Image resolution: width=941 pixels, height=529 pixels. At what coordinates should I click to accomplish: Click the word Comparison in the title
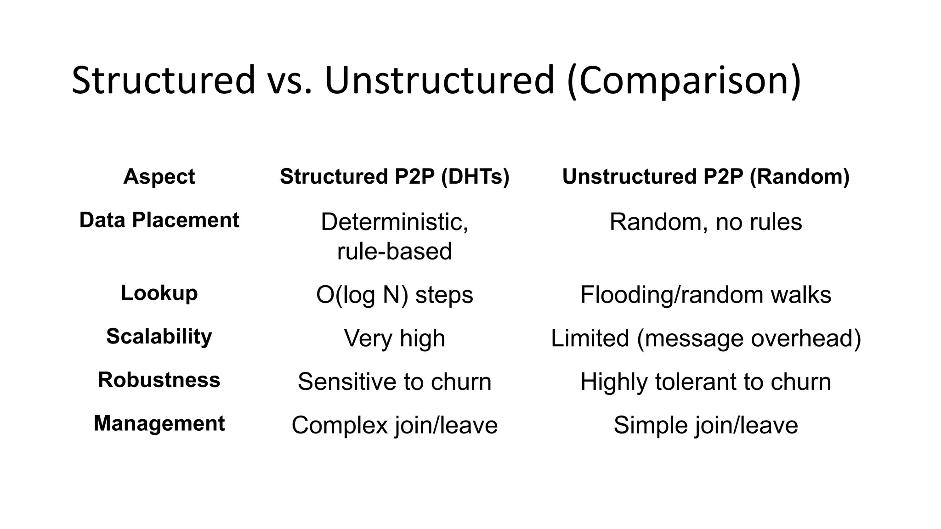[x=684, y=81]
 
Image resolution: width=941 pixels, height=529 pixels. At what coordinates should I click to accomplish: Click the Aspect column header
[x=159, y=176]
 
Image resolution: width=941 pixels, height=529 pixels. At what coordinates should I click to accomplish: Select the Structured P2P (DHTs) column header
[x=395, y=176]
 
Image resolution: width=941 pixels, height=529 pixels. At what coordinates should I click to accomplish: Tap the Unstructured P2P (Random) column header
[x=706, y=176]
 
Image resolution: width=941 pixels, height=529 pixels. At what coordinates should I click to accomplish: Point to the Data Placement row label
[x=159, y=220]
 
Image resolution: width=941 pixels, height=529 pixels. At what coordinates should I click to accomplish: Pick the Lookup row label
[x=159, y=293]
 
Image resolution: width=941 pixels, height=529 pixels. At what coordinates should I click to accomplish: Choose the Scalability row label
[x=159, y=337]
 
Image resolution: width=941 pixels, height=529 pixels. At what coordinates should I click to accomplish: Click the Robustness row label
[x=159, y=380]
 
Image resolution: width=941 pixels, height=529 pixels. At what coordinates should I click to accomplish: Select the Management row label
[x=159, y=423]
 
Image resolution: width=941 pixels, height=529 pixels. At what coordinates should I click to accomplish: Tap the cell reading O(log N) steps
[x=395, y=295]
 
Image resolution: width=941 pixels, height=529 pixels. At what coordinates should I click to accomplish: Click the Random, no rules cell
[x=706, y=222]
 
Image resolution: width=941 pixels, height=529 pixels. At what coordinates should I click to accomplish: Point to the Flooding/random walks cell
[x=706, y=295]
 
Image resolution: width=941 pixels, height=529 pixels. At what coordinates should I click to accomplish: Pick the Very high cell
[x=395, y=338]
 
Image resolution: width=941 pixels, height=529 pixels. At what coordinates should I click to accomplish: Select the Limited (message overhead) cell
[x=706, y=338]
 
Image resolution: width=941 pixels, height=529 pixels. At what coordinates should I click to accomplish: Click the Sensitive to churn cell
[x=395, y=382]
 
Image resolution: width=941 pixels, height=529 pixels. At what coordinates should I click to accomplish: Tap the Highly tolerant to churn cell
[x=706, y=382]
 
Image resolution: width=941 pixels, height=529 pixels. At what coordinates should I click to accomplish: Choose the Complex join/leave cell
[x=395, y=425]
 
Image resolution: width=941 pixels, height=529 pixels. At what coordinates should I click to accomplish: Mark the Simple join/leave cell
[x=706, y=425]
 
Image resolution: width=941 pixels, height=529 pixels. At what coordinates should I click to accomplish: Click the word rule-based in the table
[x=395, y=252]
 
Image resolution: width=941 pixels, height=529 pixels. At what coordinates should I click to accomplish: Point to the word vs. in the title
[x=290, y=81]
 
